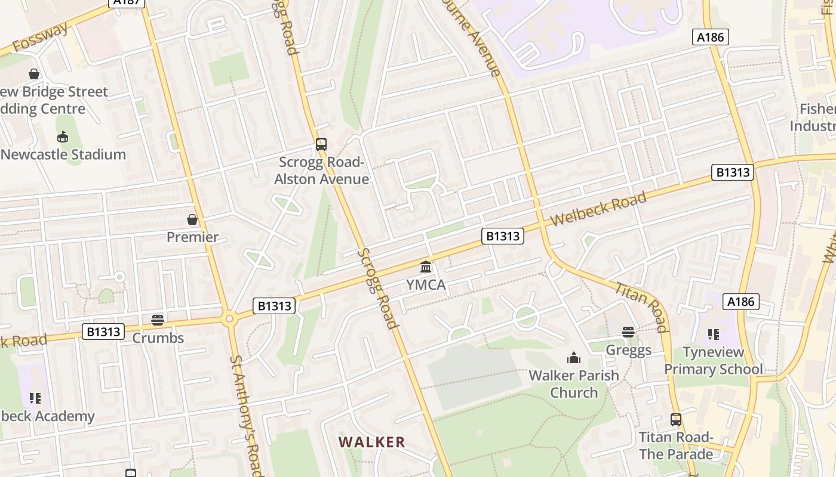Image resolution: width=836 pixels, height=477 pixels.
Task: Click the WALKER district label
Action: (371, 442)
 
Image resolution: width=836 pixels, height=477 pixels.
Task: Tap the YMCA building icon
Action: (426, 267)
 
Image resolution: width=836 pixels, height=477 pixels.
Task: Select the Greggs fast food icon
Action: (628, 332)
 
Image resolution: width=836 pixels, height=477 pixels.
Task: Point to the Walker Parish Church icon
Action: (574, 358)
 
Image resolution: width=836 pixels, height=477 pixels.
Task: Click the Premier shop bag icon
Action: (192, 219)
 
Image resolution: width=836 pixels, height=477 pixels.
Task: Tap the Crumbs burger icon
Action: (158, 320)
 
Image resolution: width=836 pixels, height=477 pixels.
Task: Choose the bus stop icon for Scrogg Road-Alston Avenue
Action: (321, 144)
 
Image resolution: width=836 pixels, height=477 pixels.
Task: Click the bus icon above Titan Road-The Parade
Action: (675, 420)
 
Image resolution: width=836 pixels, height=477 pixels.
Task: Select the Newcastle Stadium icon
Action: (63, 137)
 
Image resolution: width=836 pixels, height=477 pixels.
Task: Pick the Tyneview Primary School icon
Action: (713, 334)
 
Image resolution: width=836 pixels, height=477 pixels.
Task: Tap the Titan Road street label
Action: (641, 306)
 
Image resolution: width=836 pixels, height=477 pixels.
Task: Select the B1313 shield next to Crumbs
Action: (103, 332)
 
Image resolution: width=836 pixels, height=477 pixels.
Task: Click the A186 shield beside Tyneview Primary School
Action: (740, 302)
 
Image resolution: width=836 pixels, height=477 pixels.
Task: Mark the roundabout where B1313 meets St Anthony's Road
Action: (229, 319)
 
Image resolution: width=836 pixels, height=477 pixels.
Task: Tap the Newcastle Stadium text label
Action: (63, 154)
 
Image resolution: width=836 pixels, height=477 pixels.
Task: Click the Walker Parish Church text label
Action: (573, 384)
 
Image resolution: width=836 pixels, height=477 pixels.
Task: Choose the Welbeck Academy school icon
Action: (35, 398)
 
